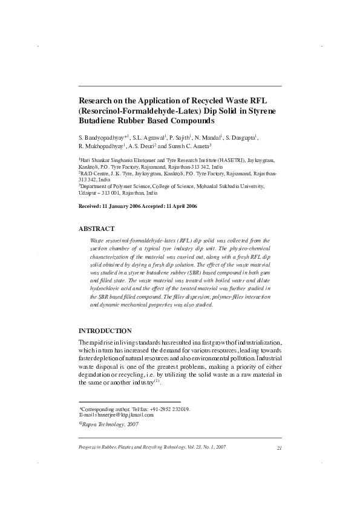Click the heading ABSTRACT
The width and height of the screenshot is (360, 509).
pyautogui.click(x=97, y=229)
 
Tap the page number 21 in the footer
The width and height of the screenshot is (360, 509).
pyautogui.click(x=279, y=447)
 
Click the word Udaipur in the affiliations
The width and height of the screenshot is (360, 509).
pyautogui.click(x=90, y=193)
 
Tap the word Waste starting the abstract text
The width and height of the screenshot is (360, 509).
pyautogui.click(x=97, y=241)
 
